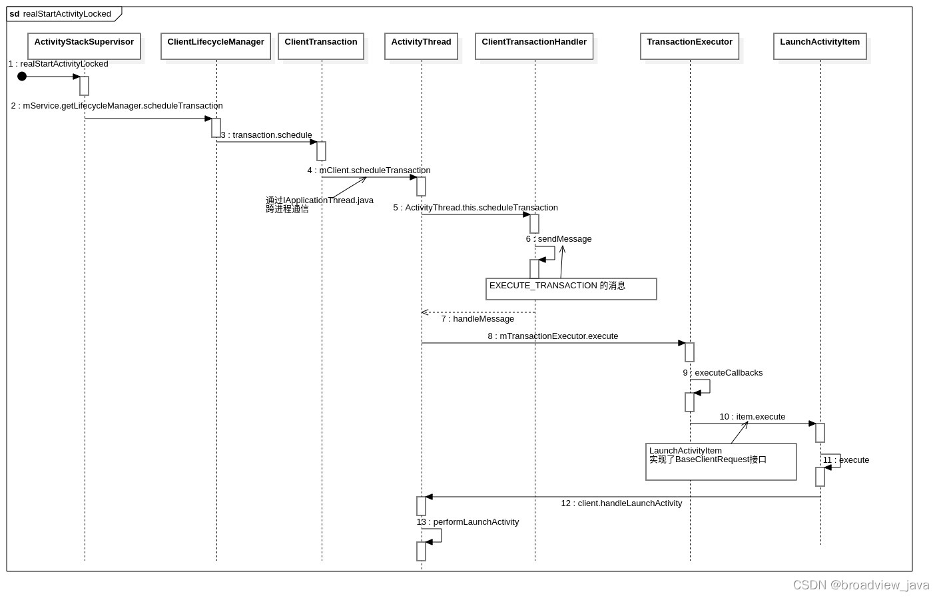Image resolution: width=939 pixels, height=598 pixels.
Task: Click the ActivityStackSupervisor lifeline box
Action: click(84, 46)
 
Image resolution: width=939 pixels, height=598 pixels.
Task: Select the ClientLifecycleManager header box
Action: click(216, 46)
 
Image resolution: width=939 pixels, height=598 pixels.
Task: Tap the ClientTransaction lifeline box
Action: click(321, 46)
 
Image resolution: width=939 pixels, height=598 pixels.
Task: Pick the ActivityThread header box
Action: click(421, 46)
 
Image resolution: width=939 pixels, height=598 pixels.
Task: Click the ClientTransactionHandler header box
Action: click(534, 46)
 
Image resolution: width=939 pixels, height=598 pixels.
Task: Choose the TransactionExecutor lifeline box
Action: click(689, 46)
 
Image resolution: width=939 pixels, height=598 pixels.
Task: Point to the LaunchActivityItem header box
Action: click(820, 46)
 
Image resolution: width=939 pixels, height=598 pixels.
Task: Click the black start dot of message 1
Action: click(22, 77)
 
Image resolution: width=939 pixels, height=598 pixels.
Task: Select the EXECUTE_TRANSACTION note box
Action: click(571, 289)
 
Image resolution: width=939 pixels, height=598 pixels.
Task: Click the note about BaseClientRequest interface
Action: click(721, 461)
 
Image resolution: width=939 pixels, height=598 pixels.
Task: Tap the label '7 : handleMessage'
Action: click(477, 319)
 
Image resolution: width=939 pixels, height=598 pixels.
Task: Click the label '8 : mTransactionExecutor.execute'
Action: click(553, 336)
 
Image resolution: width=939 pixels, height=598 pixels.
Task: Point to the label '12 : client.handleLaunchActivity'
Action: click(621, 503)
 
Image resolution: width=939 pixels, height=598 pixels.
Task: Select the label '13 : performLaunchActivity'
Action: click(468, 522)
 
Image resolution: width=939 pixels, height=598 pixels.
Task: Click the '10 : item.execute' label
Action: click(752, 417)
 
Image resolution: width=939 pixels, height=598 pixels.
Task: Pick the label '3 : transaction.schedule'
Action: click(266, 135)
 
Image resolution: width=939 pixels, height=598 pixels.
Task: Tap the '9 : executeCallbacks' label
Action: click(723, 373)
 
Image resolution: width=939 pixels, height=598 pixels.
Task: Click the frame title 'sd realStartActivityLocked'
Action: click(61, 14)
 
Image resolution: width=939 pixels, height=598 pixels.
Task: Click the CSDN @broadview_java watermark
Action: click(860, 585)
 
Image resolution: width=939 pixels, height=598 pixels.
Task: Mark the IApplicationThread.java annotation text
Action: click(320, 204)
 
